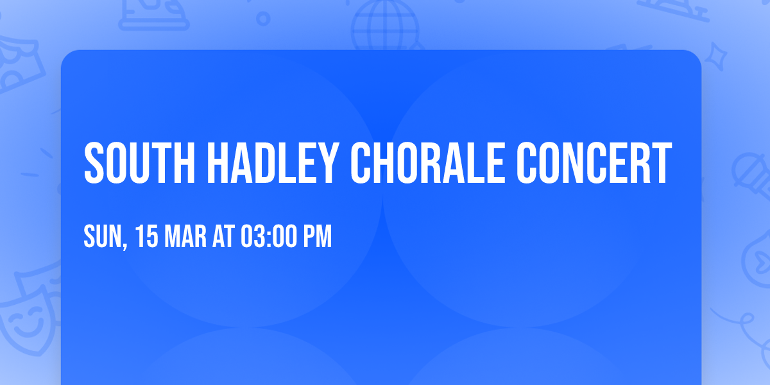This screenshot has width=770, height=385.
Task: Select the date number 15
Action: [x=147, y=237]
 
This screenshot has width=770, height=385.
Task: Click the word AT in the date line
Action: [x=223, y=237]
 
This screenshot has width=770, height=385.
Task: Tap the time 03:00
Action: [x=268, y=237]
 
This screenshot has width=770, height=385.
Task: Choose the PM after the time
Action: [x=318, y=237]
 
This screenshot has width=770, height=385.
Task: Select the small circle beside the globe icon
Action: [x=263, y=19]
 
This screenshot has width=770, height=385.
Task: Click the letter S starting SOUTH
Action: [x=94, y=163]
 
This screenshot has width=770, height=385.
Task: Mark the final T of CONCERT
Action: [x=662, y=163]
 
